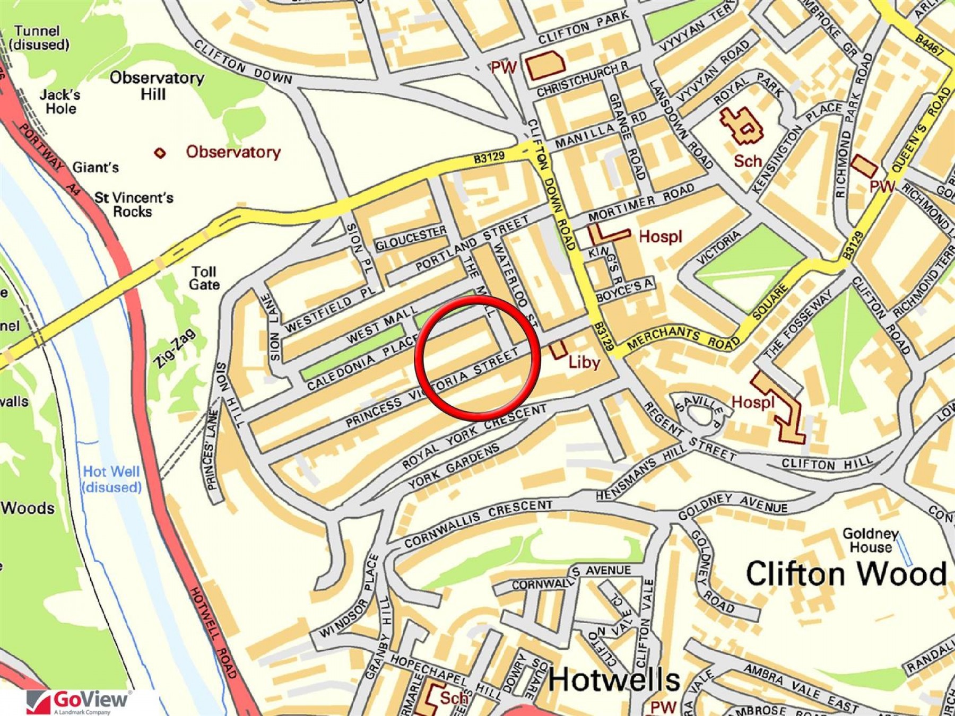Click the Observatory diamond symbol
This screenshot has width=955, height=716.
(x=160, y=153)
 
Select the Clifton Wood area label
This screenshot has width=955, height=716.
(x=846, y=574)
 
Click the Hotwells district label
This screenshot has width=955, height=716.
(x=613, y=680)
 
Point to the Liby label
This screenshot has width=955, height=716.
(x=584, y=362)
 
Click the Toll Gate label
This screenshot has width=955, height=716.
(x=204, y=278)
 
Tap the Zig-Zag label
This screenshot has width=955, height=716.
(x=175, y=348)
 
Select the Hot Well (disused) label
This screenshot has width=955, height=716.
(x=111, y=479)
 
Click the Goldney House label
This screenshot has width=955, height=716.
(x=870, y=540)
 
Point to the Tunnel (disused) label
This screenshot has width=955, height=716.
(x=38, y=38)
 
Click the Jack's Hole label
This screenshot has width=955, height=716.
(x=60, y=102)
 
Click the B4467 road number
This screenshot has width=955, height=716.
(x=929, y=45)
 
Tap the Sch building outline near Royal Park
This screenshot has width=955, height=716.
(x=741, y=126)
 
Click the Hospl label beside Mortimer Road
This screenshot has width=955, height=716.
(x=659, y=237)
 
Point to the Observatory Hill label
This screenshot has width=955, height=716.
(x=156, y=86)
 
